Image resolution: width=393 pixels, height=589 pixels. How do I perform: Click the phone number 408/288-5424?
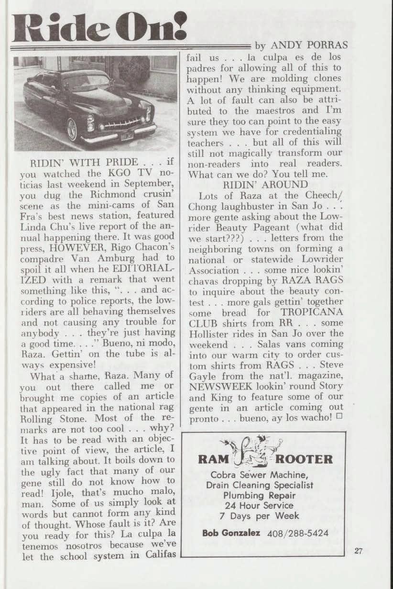tap(298, 533)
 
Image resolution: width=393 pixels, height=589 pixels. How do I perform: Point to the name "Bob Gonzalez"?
tap(230, 533)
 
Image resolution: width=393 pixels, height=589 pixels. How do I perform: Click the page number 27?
tap(359, 551)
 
